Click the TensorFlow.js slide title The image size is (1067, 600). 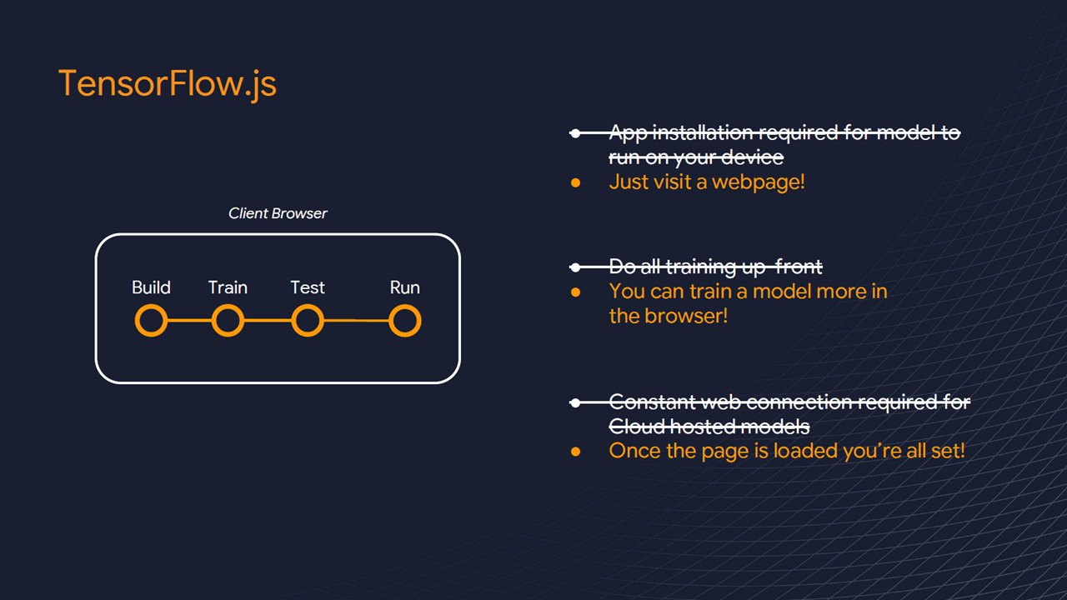167,84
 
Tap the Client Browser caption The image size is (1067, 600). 278,213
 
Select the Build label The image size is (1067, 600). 151,287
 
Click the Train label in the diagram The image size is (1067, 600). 228,287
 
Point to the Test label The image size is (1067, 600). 307,287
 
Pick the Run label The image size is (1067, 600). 404,287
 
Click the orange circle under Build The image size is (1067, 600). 151,321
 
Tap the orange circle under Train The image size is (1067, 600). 228,321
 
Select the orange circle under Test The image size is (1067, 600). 307,321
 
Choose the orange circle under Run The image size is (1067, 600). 404,321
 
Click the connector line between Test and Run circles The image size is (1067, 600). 356,321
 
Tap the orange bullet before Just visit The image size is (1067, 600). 575,182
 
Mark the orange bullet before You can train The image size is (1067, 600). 575,292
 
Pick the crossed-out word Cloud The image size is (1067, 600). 636,426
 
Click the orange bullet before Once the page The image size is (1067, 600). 575,452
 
